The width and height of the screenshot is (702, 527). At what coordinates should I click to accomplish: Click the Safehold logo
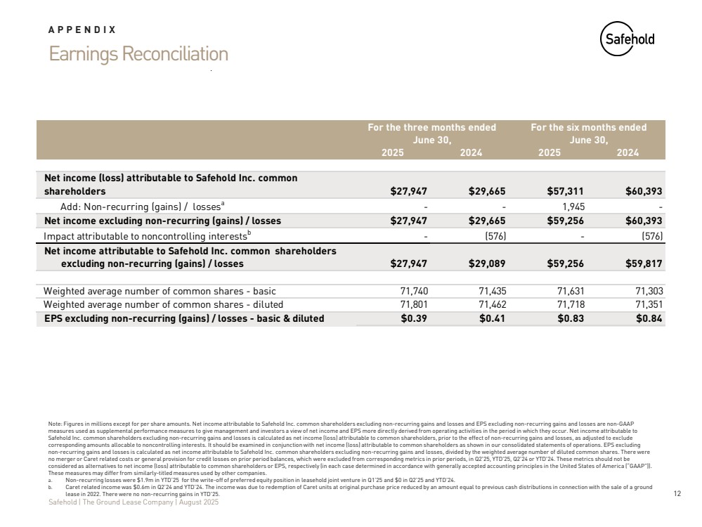(x=627, y=39)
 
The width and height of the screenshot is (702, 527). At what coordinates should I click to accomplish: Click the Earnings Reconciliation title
(x=138, y=53)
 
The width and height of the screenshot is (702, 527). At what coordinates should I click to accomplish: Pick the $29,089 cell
(x=487, y=264)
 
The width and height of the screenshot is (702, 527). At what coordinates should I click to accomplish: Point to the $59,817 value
(x=644, y=264)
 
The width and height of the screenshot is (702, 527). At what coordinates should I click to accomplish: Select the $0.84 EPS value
(x=649, y=318)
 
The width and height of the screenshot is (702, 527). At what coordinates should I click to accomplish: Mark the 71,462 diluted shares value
(x=491, y=304)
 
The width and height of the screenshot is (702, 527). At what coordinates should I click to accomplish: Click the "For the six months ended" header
(x=588, y=127)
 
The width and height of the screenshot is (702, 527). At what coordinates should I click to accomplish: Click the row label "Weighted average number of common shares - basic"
(x=160, y=290)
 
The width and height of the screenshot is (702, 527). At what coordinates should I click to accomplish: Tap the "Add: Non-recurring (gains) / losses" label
(x=141, y=206)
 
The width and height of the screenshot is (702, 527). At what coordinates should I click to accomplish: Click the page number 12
(x=677, y=494)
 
